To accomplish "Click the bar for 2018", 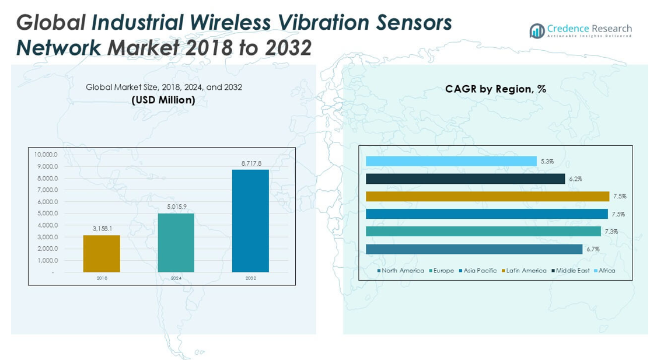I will click(x=102, y=254).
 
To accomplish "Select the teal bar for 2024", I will click(x=176, y=243).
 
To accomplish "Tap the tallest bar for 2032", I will click(x=250, y=221).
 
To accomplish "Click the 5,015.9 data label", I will click(x=176, y=207).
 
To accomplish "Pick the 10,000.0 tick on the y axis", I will click(x=46, y=155).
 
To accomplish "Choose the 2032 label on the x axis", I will click(x=250, y=278).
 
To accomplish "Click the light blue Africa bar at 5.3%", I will click(x=451, y=161).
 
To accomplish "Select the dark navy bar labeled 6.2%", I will click(x=465, y=179).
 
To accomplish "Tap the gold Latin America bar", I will click(x=487, y=197).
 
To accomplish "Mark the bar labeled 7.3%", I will click(x=483, y=232).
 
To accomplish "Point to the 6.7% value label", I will click(x=592, y=249).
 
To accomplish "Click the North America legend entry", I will click(x=401, y=271).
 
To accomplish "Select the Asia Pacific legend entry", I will click(x=478, y=271).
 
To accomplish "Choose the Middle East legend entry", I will click(x=570, y=271).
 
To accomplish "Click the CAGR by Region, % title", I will click(x=495, y=89).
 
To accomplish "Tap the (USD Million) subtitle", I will click(x=163, y=100).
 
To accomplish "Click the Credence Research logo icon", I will click(x=537, y=31).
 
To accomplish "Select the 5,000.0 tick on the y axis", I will click(x=46, y=214).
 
